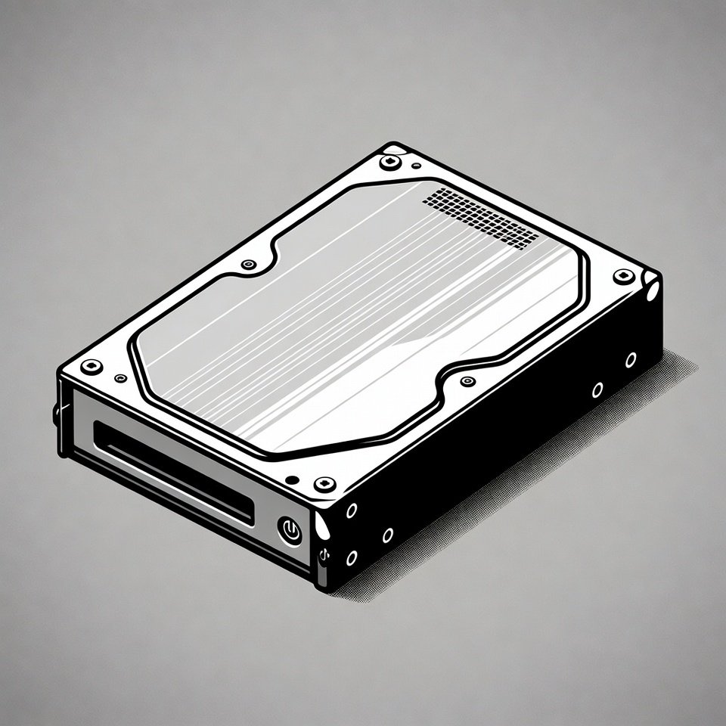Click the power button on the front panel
pyautogui.click(x=289, y=530)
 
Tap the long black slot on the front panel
pyautogui.click(x=173, y=473)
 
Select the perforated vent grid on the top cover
pyautogui.click(x=482, y=218)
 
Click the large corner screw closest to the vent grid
pyautogui.click(x=390, y=162)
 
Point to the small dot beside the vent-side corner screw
pyautogui.click(x=416, y=165)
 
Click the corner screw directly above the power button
pyautogui.click(x=324, y=483)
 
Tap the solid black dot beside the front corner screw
pyautogui.click(x=291, y=479)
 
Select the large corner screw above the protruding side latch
pyautogui.click(x=92, y=367)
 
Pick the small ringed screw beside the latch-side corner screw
pyautogui.click(x=119, y=377)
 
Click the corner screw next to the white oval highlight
pyautogui.click(x=624, y=276)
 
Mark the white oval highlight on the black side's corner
pyautogui.click(x=652, y=290)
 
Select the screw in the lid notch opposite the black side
pyautogui.click(x=249, y=265)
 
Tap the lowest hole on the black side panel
pyautogui.click(x=352, y=558)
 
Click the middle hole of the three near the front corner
pyautogui.click(x=387, y=535)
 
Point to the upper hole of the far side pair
pyautogui.click(x=630, y=360)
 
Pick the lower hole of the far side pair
pyautogui.click(x=597, y=390)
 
